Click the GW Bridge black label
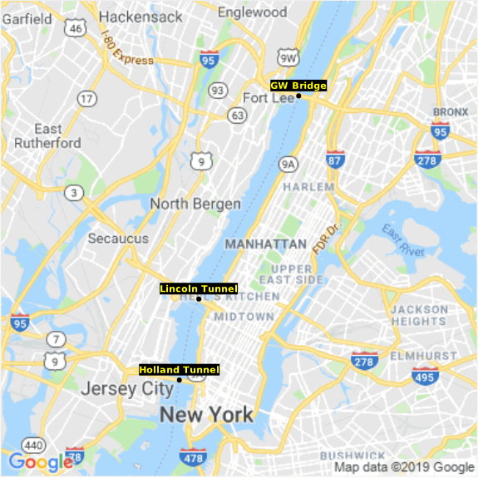click(298, 85)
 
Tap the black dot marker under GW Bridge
click(298, 96)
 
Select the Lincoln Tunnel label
click(199, 288)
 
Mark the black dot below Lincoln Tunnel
click(199, 299)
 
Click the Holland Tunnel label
click(180, 369)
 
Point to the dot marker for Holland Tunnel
click(180, 380)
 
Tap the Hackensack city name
click(140, 17)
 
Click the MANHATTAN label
click(266, 244)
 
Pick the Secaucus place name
click(118, 239)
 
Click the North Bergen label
click(195, 204)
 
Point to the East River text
click(403, 240)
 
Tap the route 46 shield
click(76, 29)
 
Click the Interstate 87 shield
click(335, 159)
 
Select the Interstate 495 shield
click(425, 378)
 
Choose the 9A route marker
click(288, 164)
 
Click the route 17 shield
click(86, 99)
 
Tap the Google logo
click(40, 462)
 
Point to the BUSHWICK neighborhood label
click(347, 456)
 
